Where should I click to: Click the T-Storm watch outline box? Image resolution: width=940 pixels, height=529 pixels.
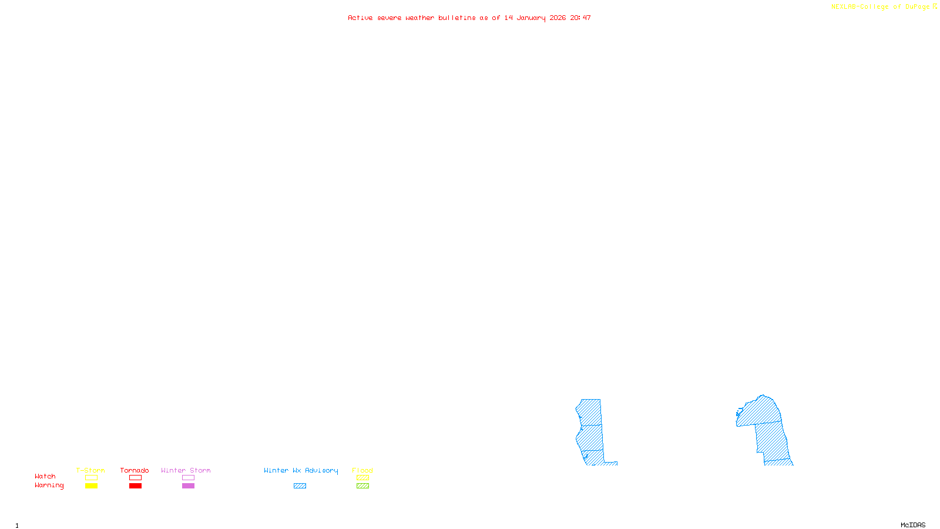(91, 478)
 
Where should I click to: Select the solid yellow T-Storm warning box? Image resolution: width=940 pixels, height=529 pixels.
(91, 486)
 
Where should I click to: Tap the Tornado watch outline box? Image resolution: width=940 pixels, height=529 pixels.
(135, 478)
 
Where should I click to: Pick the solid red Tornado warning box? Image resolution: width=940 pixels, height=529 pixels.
(135, 486)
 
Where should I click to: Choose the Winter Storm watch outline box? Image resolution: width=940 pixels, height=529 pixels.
(188, 478)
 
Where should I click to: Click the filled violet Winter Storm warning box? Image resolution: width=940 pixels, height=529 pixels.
(188, 486)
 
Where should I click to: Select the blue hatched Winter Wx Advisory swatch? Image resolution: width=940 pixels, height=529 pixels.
(300, 486)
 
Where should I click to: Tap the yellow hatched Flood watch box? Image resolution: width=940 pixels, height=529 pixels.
(362, 478)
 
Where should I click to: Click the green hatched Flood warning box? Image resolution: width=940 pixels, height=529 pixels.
(362, 486)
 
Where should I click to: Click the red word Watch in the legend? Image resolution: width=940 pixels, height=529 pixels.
(45, 477)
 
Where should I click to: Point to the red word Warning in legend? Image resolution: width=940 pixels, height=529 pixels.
(49, 486)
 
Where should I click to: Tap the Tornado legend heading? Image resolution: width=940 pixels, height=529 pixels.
(135, 470)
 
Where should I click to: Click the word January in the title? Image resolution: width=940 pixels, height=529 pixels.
(531, 18)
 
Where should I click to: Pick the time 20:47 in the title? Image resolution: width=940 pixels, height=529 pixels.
(580, 18)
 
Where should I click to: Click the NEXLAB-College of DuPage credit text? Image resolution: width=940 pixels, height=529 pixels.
(880, 7)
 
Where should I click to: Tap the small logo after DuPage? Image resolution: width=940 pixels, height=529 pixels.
(935, 7)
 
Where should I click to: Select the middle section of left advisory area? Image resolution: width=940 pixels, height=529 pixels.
(590, 437)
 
